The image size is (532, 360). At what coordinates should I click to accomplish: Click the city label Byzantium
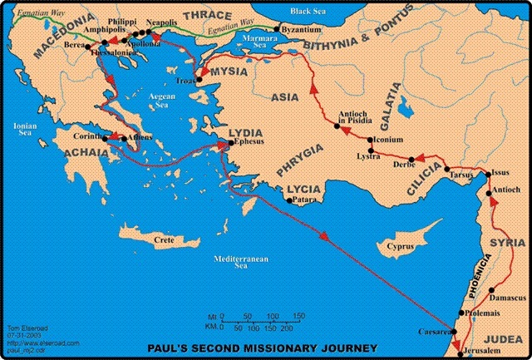[x=303, y=29]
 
